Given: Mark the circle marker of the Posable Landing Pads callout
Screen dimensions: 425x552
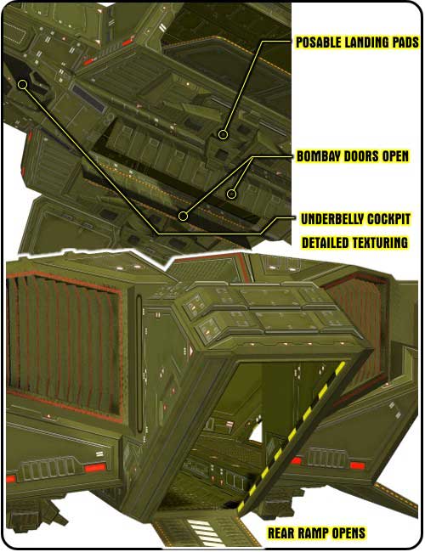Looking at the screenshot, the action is (x=223, y=134).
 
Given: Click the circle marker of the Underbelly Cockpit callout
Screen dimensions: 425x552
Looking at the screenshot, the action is (x=23, y=84).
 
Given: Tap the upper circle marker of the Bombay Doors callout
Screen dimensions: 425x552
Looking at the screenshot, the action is (x=231, y=194).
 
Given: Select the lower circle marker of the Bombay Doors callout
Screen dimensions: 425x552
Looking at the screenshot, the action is (x=183, y=216).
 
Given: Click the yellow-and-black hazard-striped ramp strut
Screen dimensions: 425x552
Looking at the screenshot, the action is (x=292, y=437).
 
